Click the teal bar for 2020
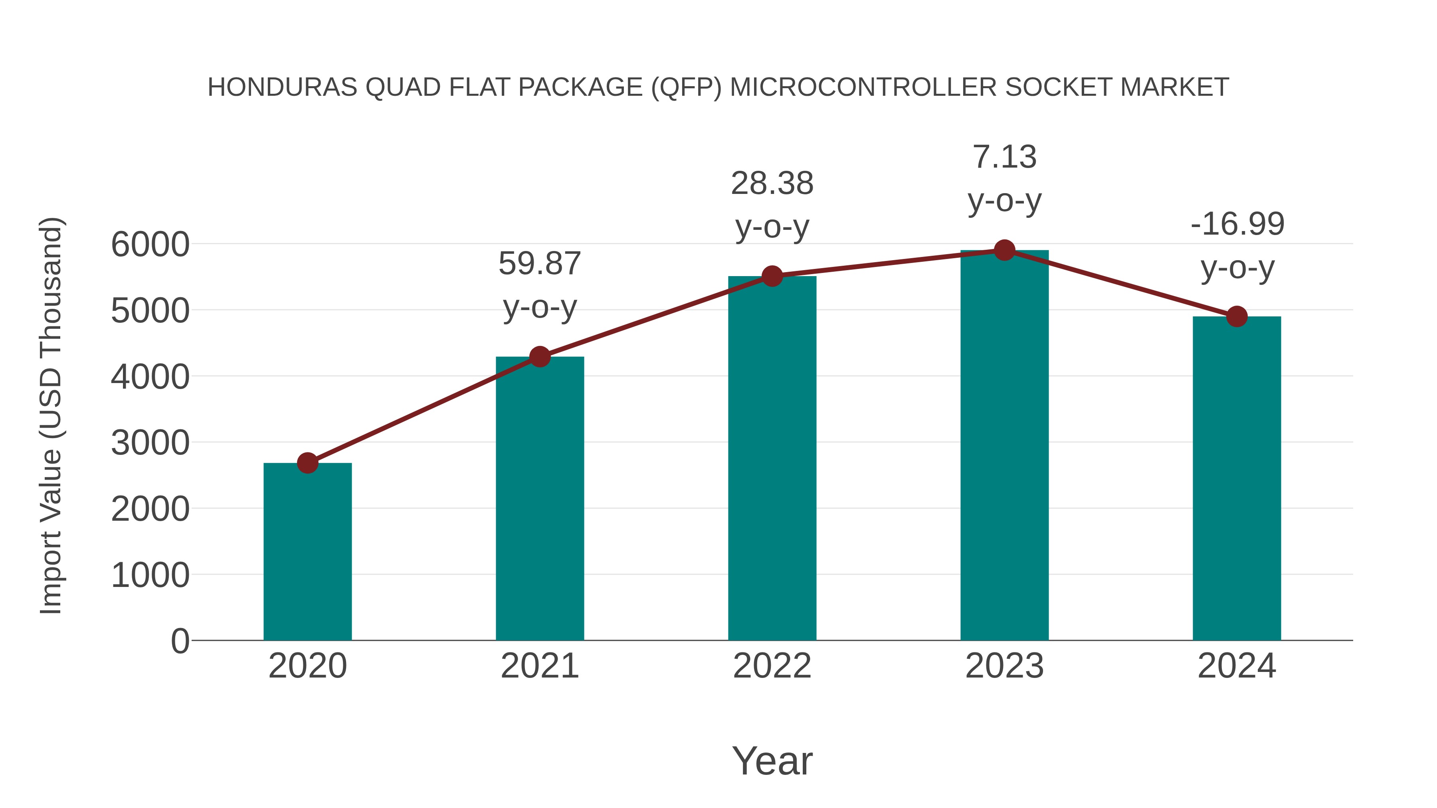click(x=307, y=552)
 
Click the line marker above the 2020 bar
click(x=307, y=463)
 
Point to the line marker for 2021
click(x=539, y=356)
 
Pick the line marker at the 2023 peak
click(x=1004, y=250)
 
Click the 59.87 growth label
click(x=539, y=264)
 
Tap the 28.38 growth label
click(x=772, y=184)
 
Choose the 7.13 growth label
click(x=1004, y=157)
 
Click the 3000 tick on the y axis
click(x=150, y=443)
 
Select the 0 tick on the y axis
click(x=180, y=641)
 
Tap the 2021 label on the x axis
click(x=539, y=666)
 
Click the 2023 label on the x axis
click(x=1004, y=666)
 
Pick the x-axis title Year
click(x=772, y=761)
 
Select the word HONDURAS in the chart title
click(x=282, y=87)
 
